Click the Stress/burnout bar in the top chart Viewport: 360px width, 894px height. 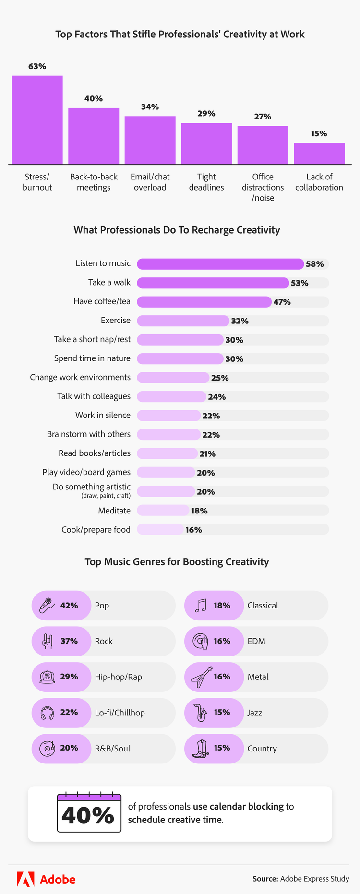pos(37,120)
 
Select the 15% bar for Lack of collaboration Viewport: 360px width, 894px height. pos(319,154)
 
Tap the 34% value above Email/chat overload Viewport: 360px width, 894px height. pos(150,107)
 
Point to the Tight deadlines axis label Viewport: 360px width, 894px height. pos(206,182)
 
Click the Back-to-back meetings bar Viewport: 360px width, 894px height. pos(94,136)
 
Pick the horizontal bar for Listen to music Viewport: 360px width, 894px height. pos(220,264)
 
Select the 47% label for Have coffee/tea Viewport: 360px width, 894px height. pos(282,302)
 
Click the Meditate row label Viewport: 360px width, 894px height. pos(114,511)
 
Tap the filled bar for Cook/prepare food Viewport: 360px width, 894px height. pos(160,529)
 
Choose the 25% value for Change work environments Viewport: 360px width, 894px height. pos(220,378)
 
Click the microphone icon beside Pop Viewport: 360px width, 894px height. pos(47,606)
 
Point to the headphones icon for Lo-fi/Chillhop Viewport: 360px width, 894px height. pos(47,713)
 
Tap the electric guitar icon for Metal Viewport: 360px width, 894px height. pos(201,677)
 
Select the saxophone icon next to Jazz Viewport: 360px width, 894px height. pos(201,713)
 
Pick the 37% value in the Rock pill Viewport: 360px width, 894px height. pos(69,641)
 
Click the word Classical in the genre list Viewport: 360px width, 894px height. pos(263,606)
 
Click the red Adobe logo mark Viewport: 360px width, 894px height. pos(26,879)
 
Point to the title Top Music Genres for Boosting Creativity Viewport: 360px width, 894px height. pos(177,562)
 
